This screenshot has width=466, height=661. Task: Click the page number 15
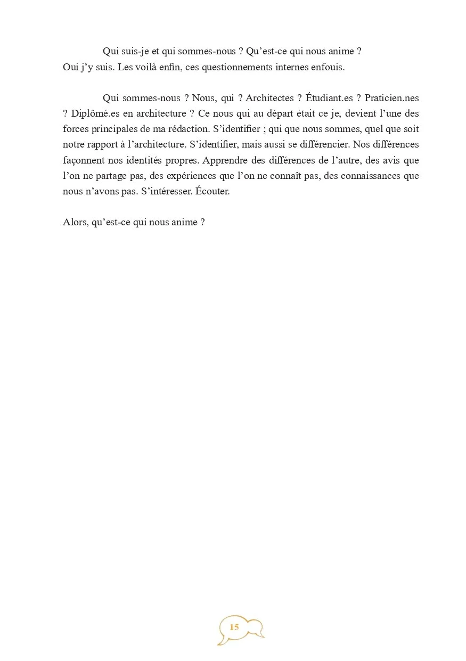234,627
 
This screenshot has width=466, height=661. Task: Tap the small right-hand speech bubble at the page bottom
256,627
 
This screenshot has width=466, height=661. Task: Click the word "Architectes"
269,98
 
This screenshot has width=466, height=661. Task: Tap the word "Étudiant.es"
330,98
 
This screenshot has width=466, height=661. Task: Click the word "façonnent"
81,160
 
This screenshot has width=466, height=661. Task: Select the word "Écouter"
212,191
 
